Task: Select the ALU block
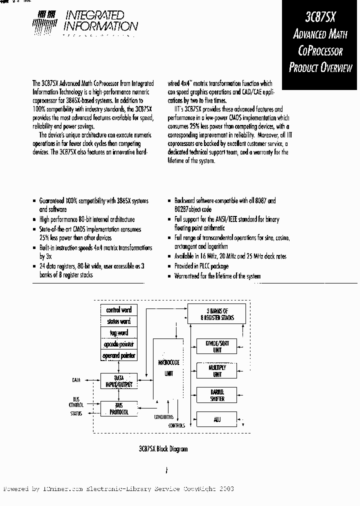pyautogui.click(x=216, y=419)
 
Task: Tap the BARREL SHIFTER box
pyautogui.click(x=216, y=395)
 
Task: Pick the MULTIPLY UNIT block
pyautogui.click(x=216, y=370)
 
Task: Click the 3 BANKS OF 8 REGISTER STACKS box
pyautogui.click(x=216, y=314)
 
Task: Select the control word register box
pyautogui.click(x=118, y=310)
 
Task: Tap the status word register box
pyautogui.click(x=118, y=321)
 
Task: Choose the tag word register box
pyautogui.click(x=118, y=333)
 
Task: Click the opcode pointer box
pyautogui.click(x=118, y=344)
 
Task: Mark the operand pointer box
pyautogui.click(x=118, y=356)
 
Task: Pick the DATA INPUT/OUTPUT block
pyautogui.click(x=118, y=381)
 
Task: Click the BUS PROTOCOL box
pyautogui.click(x=118, y=408)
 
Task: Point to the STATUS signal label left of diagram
pyautogui.click(x=76, y=413)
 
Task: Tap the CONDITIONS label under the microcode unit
pyautogui.click(x=164, y=417)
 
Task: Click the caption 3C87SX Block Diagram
pyautogui.click(x=164, y=449)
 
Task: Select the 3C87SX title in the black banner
pyautogui.click(x=320, y=17)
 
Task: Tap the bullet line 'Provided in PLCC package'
pyautogui.click(x=201, y=266)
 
